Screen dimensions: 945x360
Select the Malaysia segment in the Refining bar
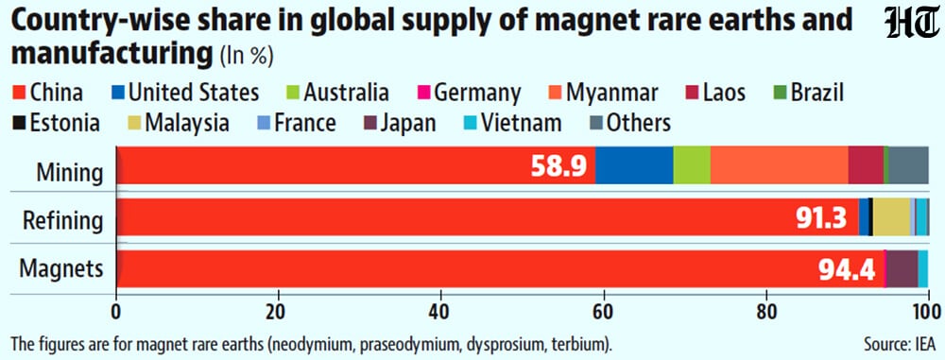tap(891, 217)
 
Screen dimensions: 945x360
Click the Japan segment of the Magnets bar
tap(902, 269)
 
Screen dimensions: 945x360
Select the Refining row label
tap(62, 221)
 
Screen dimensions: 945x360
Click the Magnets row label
tap(61, 269)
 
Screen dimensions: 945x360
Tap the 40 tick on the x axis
tap(440, 314)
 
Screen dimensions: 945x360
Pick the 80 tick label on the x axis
tap(766, 314)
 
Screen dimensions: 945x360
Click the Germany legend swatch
tap(423, 93)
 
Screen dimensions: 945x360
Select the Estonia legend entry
tap(57, 123)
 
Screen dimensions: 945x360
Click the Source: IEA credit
tap(900, 346)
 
